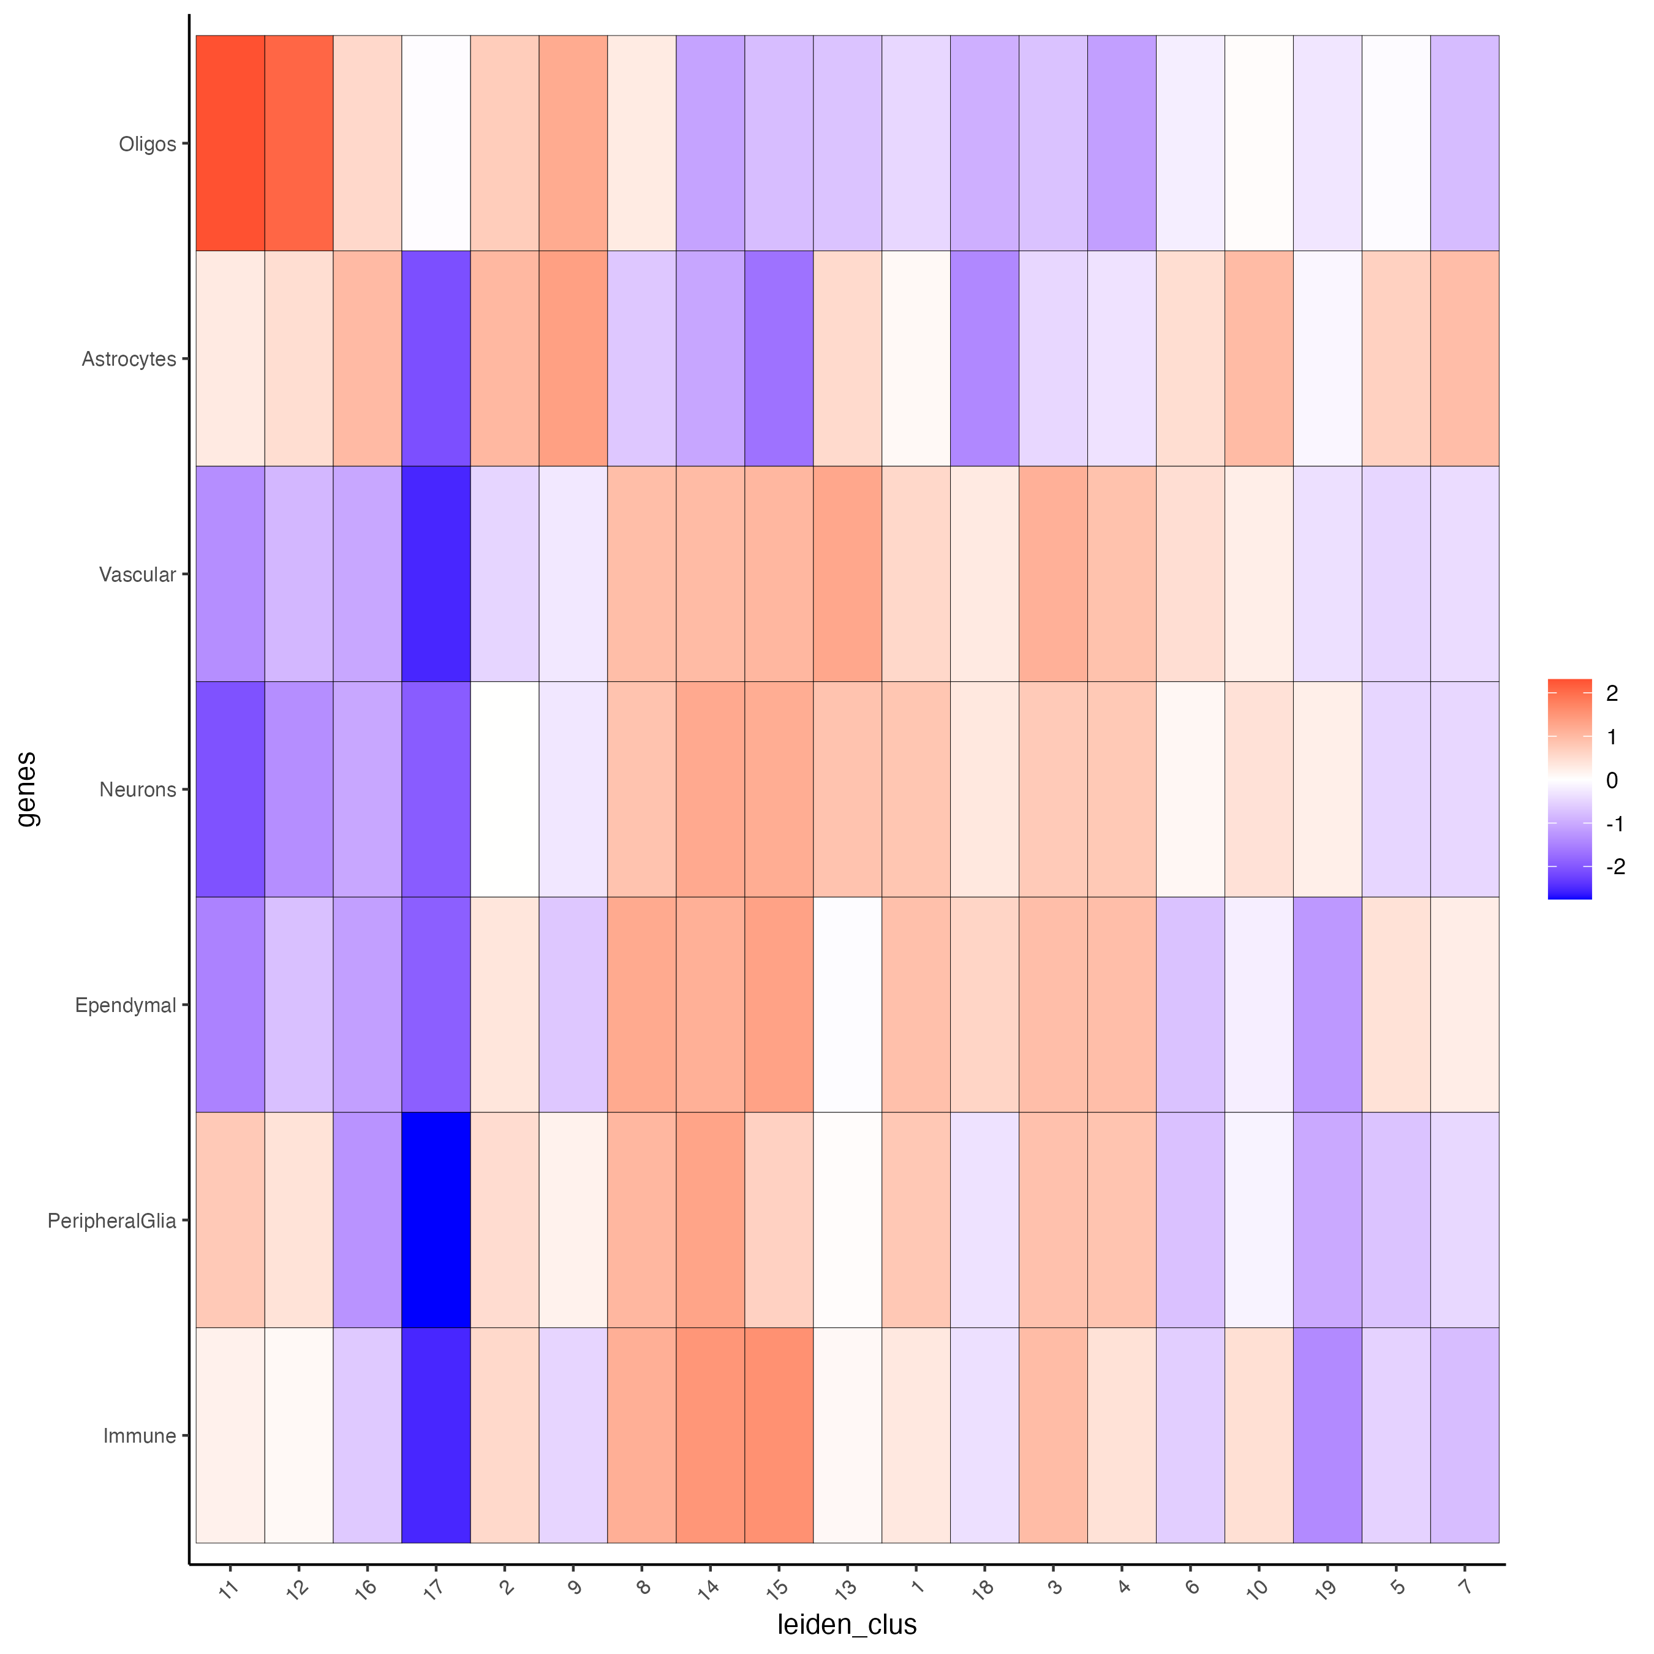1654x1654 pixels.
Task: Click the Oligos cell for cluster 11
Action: point(230,143)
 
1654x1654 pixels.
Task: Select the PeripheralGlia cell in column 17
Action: point(436,1220)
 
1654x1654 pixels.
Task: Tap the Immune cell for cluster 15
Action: point(778,1436)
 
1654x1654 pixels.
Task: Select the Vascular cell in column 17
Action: point(436,573)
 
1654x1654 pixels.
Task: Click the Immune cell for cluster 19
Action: point(1327,1436)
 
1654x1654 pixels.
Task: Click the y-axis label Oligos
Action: point(147,144)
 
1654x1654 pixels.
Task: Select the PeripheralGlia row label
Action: point(111,1221)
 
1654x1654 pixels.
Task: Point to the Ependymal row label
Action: point(125,1005)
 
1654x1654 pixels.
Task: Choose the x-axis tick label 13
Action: point(845,1590)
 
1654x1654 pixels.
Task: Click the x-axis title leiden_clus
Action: point(847,1624)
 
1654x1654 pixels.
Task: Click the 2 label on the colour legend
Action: point(1612,693)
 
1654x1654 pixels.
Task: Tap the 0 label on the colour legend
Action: point(1612,780)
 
